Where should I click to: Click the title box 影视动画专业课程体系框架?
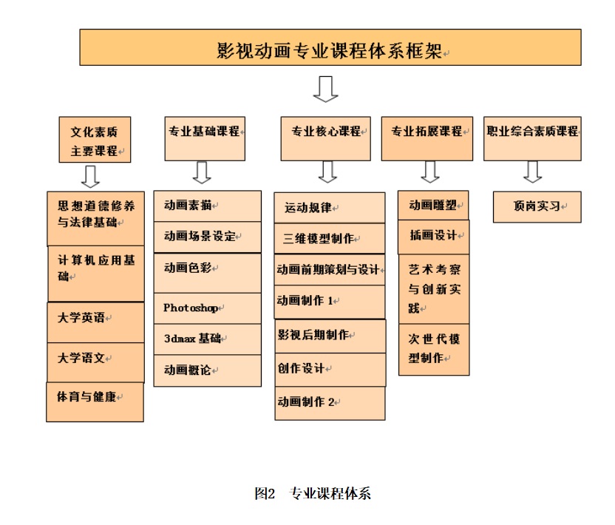[330, 47]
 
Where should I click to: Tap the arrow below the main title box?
[325, 89]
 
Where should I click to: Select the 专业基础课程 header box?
[205, 138]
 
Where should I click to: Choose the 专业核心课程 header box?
[325, 138]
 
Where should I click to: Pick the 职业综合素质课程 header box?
[532, 138]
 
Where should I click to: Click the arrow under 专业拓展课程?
[430, 172]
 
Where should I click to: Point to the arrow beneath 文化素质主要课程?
[90, 177]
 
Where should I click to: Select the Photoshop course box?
[208, 308]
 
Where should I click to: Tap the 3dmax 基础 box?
[208, 339]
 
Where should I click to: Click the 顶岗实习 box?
[537, 207]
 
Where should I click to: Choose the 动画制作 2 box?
[330, 403]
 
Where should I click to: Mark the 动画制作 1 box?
[330, 302]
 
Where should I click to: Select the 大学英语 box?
[95, 322]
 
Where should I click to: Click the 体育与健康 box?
[95, 402]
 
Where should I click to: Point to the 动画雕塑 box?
[433, 206]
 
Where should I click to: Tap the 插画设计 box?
[433, 237]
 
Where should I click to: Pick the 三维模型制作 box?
[330, 239]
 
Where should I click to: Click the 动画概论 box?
[208, 370]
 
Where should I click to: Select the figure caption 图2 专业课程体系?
[313, 493]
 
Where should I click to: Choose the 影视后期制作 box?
[330, 336]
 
